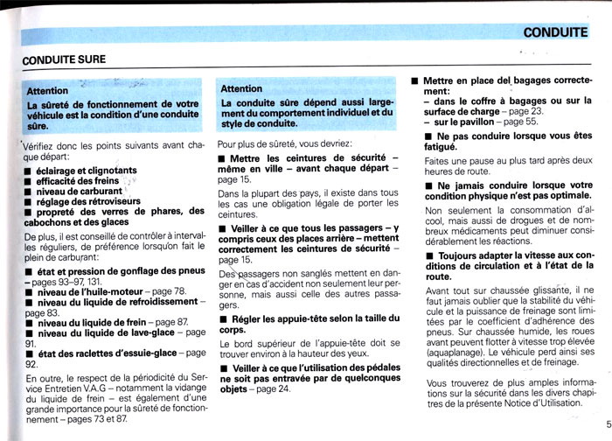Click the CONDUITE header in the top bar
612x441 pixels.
(555, 33)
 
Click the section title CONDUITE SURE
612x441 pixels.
(65, 59)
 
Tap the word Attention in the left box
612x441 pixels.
(47, 90)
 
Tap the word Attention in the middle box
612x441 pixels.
(241, 88)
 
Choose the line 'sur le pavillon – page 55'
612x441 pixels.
(490, 122)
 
